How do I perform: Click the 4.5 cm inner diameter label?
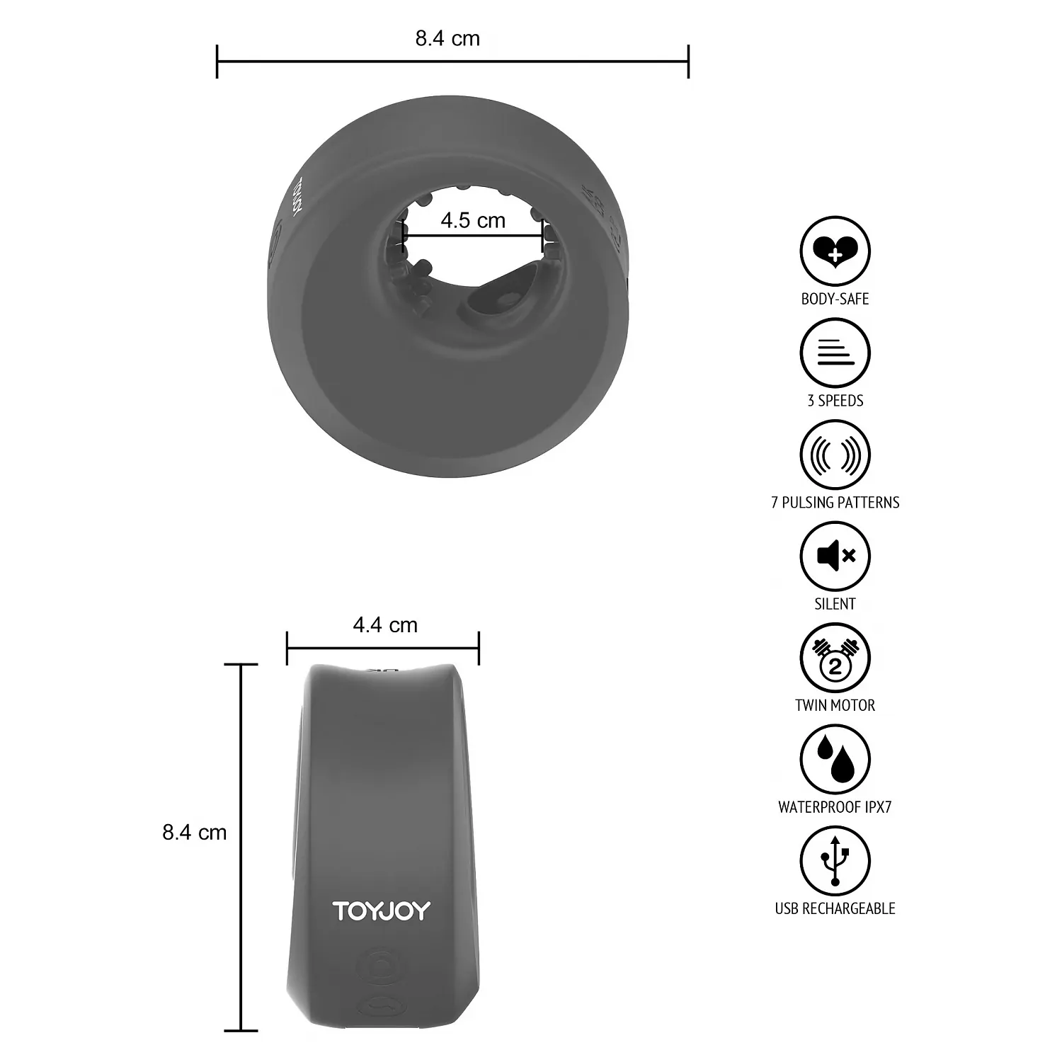pyautogui.click(x=473, y=220)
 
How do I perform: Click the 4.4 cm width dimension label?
pyautogui.click(x=385, y=625)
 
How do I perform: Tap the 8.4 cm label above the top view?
pyautogui.click(x=447, y=38)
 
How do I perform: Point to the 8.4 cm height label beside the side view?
pyautogui.click(x=195, y=832)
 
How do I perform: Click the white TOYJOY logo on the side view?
pyautogui.click(x=382, y=910)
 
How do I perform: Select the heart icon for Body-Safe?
pyautogui.click(x=835, y=251)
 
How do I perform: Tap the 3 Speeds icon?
pyautogui.click(x=835, y=353)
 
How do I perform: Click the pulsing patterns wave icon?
pyautogui.click(x=835, y=455)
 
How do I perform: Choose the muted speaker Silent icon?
pyautogui.click(x=835, y=556)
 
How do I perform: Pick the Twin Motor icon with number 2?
pyautogui.click(x=835, y=658)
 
